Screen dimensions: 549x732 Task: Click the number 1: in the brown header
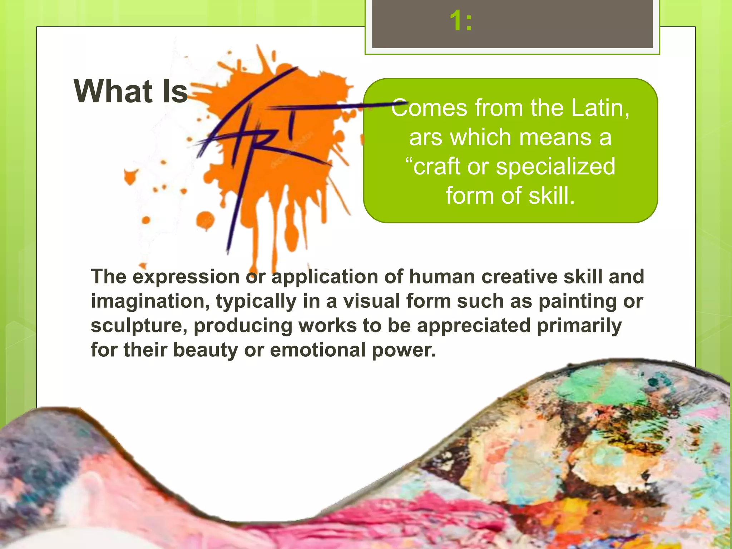(461, 21)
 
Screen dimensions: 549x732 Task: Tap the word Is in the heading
(175, 91)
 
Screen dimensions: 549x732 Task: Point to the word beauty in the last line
(205, 350)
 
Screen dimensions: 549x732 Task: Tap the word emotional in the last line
(317, 350)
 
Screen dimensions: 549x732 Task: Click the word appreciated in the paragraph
(474, 326)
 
